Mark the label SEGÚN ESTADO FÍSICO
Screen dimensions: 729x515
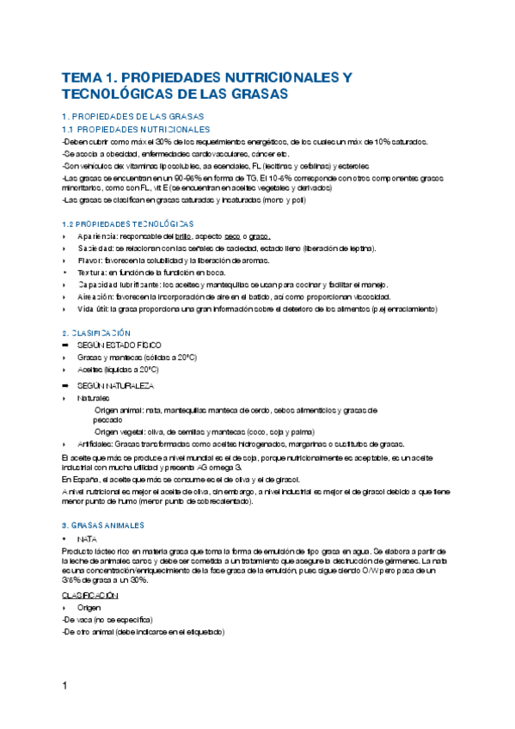[x=118, y=345]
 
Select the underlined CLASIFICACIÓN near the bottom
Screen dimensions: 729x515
[x=89, y=595]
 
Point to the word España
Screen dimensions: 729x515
[x=87, y=478]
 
